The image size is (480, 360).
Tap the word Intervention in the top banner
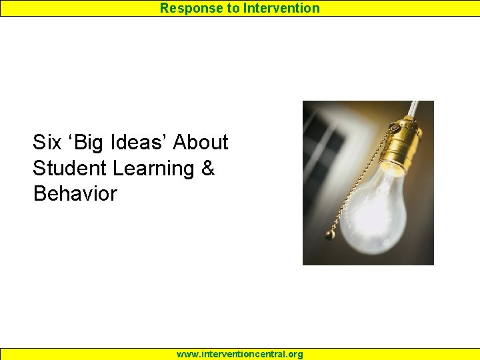281,8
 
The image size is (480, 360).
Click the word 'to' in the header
232,8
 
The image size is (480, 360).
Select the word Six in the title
47,142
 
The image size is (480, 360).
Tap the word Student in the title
70,168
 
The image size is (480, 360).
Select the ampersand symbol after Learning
207,168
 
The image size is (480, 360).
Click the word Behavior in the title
75,194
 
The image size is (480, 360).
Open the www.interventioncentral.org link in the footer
239,354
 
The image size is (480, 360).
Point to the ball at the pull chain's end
329,234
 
